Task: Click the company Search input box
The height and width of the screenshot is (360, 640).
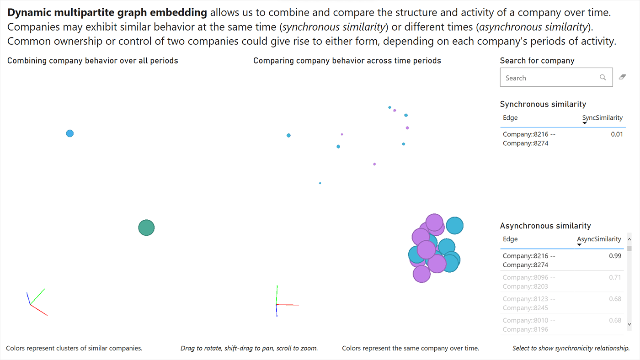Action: pos(549,78)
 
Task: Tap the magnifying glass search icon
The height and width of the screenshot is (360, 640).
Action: pos(603,78)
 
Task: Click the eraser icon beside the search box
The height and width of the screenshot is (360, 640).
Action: pos(622,77)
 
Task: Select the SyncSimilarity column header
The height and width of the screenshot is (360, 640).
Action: pos(602,118)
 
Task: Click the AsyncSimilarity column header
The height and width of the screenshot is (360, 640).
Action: pos(599,239)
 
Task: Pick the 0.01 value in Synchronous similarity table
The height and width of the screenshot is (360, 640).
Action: pos(617,134)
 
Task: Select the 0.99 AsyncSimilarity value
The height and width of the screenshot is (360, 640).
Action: pos(615,256)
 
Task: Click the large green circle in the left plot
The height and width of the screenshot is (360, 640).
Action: pos(146,228)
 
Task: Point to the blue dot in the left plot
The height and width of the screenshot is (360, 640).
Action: pos(69,133)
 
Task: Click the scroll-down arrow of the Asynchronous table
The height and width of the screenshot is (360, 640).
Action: pos(629,324)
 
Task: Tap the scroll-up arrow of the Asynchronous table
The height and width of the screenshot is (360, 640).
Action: pos(629,239)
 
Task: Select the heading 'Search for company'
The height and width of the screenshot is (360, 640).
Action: pos(537,61)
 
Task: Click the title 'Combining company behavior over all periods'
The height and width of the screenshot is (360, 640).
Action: pos(92,61)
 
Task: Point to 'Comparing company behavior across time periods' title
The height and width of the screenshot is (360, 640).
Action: pos(347,61)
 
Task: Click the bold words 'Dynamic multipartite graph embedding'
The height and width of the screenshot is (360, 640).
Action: pos(107,13)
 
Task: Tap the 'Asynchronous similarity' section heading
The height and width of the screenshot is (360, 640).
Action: pos(545,226)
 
